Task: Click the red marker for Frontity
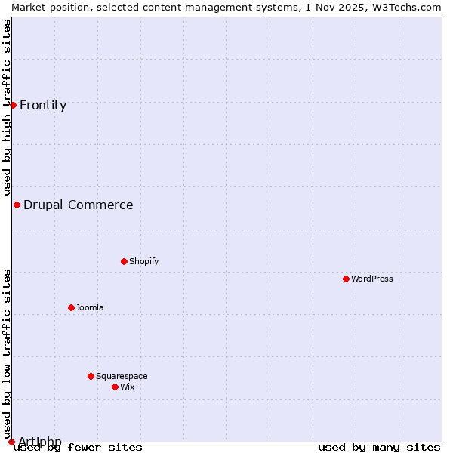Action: tap(13, 105)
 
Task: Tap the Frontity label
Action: tap(43, 106)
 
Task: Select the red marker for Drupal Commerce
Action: tap(17, 205)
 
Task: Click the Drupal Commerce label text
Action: tap(79, 205)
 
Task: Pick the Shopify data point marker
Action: tap(124, 261)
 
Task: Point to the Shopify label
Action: tap(143, 261)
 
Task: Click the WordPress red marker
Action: tap(346, 279)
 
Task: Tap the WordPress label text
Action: tap(372, 279)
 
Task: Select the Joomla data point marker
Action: tap(71, 307)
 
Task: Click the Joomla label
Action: tap(90, 307)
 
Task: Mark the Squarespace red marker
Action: tap(91, 376)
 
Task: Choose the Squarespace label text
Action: tap(122, 376)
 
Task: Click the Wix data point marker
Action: tap(115, 387)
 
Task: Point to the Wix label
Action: tap(128, 387)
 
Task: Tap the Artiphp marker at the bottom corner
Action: tap(11, 442)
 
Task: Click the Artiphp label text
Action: tap(40, 442)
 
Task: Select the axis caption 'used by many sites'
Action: tap(379, 448)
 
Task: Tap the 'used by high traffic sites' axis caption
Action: tap(7, 108)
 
